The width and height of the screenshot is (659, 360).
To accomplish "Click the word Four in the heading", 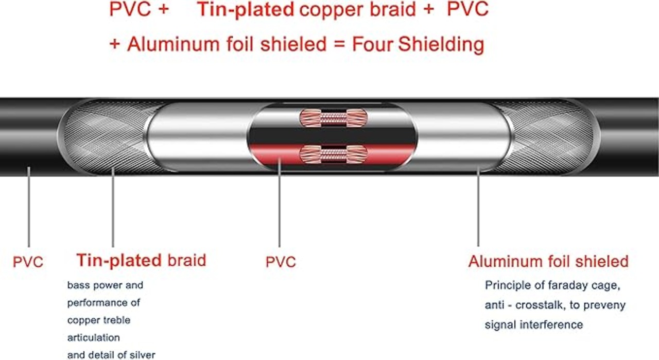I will pos(372,44).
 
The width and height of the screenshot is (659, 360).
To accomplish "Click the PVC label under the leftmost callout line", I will pos(28,262).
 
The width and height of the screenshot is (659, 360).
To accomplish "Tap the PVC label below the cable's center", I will pos(281,262).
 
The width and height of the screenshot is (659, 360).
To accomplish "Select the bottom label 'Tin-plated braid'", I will pos(141,260).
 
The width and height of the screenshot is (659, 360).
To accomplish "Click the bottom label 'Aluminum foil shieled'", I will pos(548,261).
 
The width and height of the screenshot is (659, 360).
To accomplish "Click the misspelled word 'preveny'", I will pos(606,305).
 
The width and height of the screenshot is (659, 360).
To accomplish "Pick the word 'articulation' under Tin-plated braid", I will pos(94,337).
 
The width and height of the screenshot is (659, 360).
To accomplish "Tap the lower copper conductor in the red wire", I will pos(333,152).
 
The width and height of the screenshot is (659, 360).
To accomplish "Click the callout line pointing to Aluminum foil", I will pos(478,206).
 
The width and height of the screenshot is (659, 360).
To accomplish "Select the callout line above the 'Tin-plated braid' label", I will pos(113,206).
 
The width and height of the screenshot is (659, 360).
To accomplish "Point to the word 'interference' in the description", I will pos(553,324).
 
